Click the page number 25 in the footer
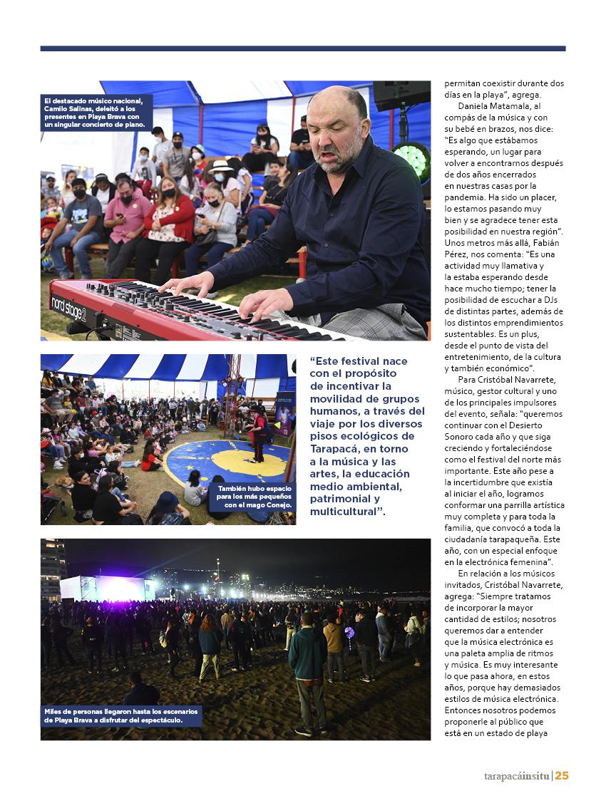point(561,776)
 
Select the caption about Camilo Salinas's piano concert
point(96,113)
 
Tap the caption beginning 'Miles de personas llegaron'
point(122,715)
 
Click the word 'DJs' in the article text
point(553,300)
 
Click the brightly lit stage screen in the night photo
point(118,588)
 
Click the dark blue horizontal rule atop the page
point(303,48)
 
